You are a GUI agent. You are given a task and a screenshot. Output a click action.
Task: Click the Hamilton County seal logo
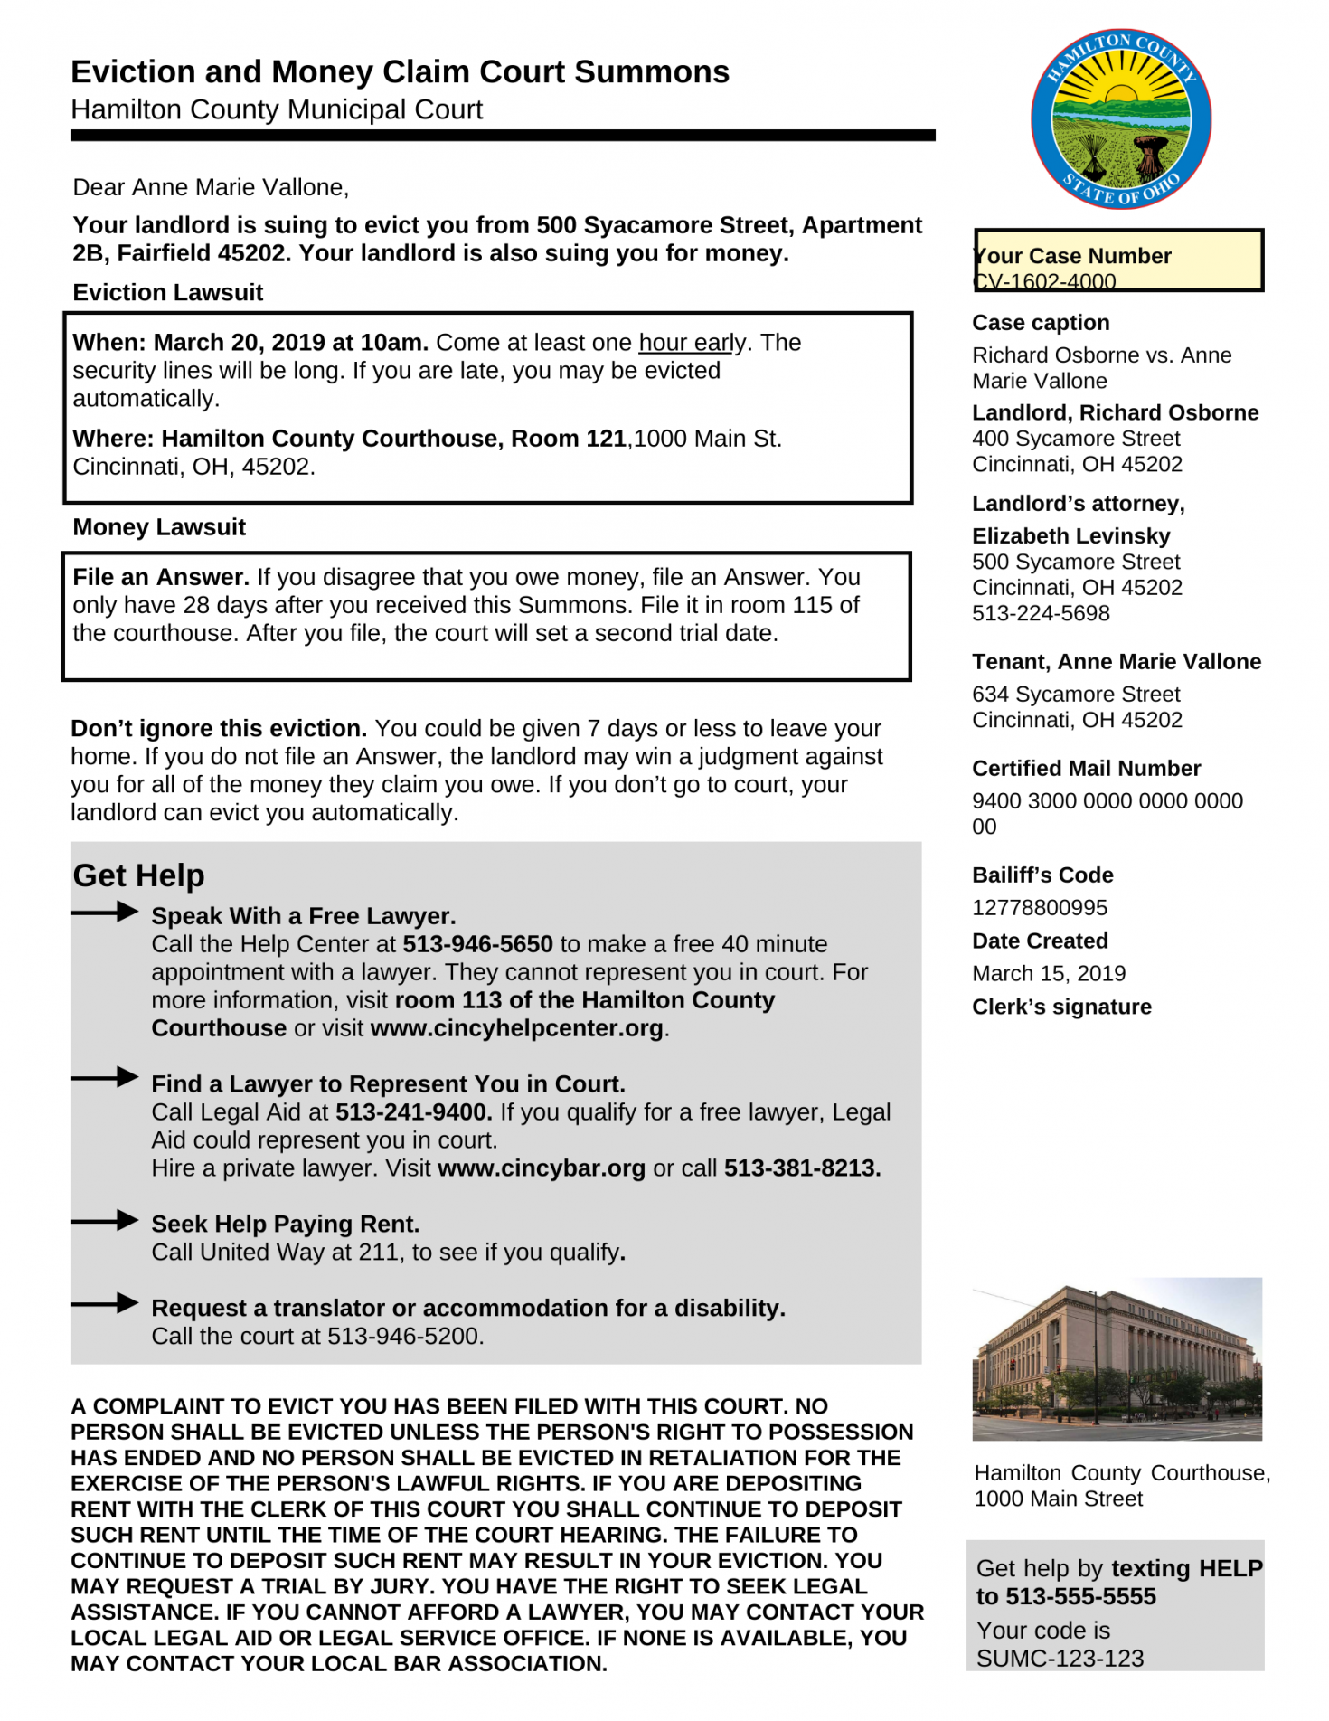coord(1120,118)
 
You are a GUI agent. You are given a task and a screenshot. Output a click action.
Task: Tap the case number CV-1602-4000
coord(1045,281)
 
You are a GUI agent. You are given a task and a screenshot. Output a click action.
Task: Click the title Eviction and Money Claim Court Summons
coord(400,71)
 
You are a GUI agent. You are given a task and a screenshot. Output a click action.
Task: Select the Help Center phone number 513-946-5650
coord(477,944)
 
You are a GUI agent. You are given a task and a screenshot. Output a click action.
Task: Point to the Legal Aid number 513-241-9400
coord(413,1112)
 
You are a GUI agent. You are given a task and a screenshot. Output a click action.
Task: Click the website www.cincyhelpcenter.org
coord(516,1028)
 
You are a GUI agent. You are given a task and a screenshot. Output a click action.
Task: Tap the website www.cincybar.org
coord(541,1168)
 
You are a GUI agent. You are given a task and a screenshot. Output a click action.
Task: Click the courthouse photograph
coord(1117,1358)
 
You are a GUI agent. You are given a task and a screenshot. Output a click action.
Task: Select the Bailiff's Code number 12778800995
coord(1039,907)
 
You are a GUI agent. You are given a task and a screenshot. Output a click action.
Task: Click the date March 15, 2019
coord(1048,973)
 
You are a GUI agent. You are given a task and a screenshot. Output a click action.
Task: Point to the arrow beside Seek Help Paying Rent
coord(105,1221)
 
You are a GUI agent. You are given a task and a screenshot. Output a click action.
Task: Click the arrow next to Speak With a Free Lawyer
coord(105,912)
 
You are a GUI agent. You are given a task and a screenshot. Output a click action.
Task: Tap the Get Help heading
coord(138,875)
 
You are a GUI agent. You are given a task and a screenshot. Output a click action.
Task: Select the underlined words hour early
coord(693,343)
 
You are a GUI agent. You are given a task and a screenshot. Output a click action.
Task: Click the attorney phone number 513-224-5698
coord(1041,613)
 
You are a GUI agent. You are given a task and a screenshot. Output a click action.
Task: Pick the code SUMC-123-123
coord(1060,1658)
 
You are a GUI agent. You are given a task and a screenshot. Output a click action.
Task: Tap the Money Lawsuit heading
coord(159,527)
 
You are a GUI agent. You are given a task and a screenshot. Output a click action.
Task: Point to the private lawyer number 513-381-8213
coord(801,1168)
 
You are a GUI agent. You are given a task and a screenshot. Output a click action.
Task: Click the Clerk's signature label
coord(1061,1007)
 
